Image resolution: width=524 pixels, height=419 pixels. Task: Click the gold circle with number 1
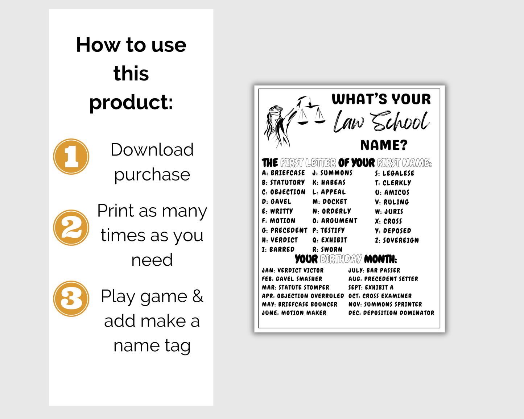[71, 157]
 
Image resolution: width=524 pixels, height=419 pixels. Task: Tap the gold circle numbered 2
[71, 228]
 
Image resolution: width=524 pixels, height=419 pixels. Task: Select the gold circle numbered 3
[71, 299]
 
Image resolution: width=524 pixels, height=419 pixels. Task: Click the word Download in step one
[152, 149]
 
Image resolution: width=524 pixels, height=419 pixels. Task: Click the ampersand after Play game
[198, 296]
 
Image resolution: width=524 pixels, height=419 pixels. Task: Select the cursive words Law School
[381, 121]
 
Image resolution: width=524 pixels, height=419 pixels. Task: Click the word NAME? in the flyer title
[384, 145]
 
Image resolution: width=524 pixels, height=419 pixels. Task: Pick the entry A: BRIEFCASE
[284, 173]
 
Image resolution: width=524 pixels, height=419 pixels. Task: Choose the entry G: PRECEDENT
[285, 230]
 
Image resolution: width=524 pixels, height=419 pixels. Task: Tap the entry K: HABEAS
[329, 182]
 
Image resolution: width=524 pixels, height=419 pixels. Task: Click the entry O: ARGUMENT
[335, 221]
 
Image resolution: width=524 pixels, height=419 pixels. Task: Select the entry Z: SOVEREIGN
[397, 240]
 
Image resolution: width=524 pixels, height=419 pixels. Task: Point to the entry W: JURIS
[389, 212]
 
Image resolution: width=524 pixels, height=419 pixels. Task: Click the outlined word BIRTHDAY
[341, 259]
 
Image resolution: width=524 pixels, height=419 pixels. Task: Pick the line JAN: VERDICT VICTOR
[293, 270]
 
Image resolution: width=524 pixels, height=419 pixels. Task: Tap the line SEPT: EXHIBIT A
[371, 287]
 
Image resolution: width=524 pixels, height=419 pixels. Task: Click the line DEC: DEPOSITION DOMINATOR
[391, 313]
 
